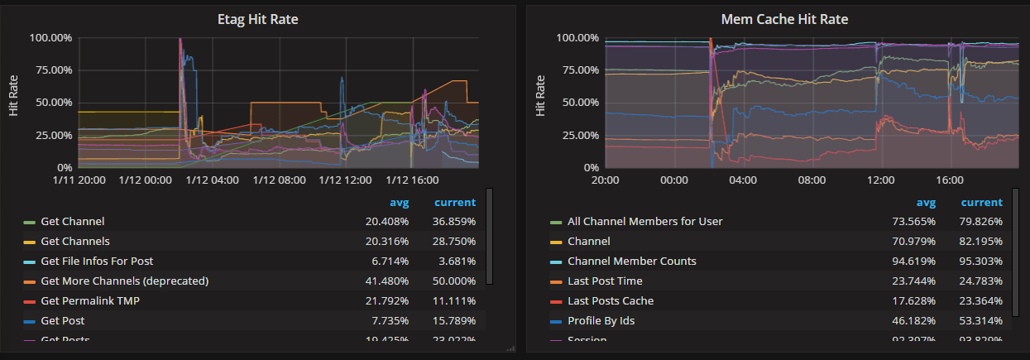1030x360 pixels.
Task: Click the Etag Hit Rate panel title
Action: pos(257,19)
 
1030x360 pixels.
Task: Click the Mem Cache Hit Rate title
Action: pos(784,19)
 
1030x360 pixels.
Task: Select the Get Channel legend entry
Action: pos(72,222)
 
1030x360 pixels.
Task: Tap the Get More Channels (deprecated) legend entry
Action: pos(124,281)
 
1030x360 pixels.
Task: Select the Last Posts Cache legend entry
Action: pos(610,301)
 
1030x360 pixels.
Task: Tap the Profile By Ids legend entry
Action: pos(601,321)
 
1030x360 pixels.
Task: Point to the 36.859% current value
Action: pos(453,222)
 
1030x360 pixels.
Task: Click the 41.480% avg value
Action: pos(387,281)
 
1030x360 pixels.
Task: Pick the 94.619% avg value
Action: pos(914,262)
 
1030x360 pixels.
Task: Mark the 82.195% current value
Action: pos(980,242)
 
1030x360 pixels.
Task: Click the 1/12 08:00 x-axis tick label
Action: pos(283,180)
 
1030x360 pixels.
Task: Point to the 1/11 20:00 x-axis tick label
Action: pos(79,180)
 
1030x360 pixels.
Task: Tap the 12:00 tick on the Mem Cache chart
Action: pos(880,180)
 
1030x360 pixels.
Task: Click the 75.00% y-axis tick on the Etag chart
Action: pos(51,70)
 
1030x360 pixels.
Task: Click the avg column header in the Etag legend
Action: pos(400,203)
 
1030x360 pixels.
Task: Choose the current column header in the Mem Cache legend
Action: pos(981,203)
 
